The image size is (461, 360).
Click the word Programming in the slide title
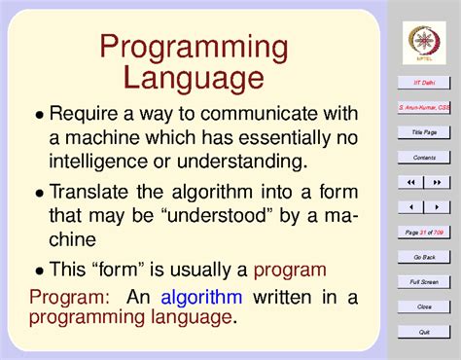[195, 48]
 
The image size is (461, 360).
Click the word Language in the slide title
[195, 78]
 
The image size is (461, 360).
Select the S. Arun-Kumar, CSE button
[424, 107]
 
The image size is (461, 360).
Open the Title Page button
[424, 131]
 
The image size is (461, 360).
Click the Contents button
[424, 157]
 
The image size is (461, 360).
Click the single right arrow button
[437, 207]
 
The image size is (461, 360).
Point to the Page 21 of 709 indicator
[424, 232]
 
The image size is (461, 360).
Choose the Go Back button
[424, 257]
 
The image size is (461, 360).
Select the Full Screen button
[424, 281]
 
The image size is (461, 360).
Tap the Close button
[424, 306]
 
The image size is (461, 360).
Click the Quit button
[424, 332]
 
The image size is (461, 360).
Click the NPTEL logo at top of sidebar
[424, 40]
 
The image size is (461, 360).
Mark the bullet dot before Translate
[40, 194]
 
